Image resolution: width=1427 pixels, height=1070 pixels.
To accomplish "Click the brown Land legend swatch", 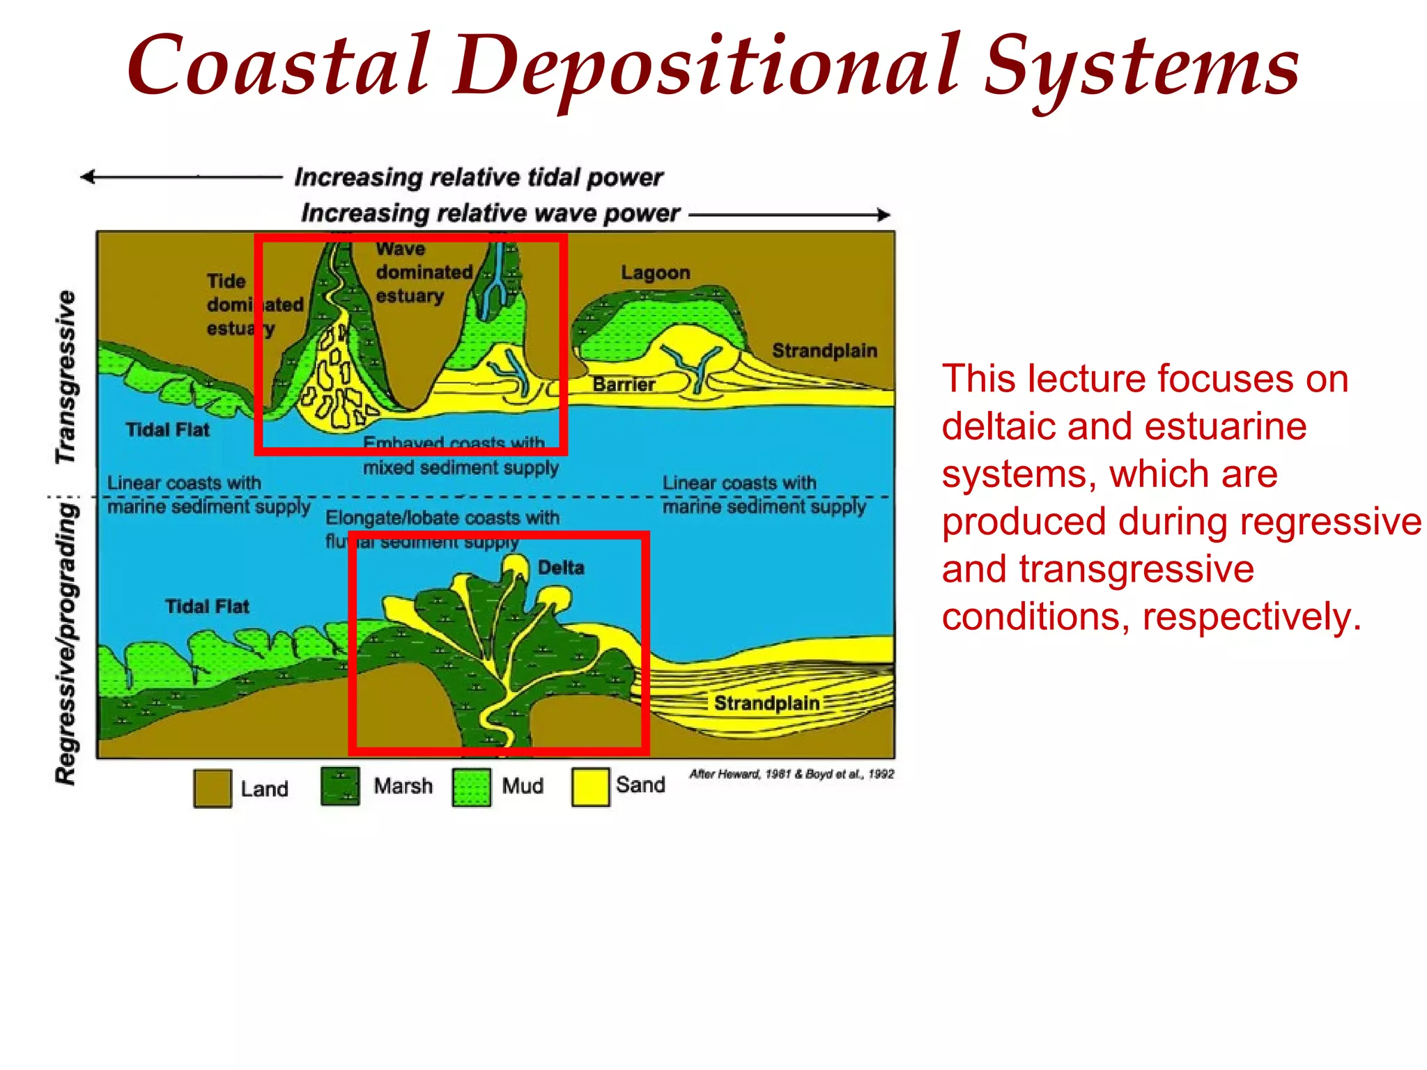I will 213,788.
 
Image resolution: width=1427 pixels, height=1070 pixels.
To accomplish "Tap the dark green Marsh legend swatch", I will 340,786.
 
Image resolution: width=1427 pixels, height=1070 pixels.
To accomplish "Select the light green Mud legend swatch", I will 471,787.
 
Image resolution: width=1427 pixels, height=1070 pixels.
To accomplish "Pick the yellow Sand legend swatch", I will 590,786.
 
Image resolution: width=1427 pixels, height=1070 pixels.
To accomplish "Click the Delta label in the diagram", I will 561,568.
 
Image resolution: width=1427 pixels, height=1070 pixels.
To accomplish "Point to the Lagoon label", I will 656,273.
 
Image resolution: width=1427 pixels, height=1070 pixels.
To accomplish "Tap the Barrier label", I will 624,385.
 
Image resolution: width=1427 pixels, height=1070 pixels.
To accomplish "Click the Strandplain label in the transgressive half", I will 824,350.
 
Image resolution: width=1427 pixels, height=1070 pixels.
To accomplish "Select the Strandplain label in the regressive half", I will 766,703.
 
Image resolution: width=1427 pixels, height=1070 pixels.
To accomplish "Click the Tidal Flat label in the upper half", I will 167,430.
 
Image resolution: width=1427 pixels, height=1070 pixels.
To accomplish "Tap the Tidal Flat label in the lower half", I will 207,607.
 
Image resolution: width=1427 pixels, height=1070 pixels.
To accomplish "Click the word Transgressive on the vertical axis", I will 66,377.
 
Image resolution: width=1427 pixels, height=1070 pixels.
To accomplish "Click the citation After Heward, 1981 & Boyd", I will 792,774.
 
